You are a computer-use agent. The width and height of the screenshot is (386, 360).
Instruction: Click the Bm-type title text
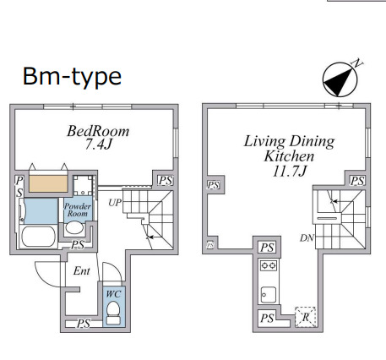click(72, 76)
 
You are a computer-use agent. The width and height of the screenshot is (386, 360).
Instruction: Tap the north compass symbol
click(340, 79)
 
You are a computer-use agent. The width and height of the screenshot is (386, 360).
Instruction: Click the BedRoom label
click(98, 131)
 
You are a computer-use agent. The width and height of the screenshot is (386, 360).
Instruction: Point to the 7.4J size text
click(99, 145)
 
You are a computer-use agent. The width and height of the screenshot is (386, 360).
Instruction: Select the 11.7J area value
click(290, 171)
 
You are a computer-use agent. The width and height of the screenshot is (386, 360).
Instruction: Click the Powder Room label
click(78, 210)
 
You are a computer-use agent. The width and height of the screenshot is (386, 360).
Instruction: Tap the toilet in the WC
click(113, 312)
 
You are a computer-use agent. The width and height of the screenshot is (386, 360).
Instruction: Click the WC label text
click(113, 294)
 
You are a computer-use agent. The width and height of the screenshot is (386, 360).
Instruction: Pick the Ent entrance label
click(82, 271)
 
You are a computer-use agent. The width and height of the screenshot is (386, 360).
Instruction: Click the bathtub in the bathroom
click(39, 237)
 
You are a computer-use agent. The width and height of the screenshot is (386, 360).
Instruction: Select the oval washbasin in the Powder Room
click(74, 227)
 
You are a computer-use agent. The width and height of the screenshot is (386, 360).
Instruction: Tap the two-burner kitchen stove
click(269, 265)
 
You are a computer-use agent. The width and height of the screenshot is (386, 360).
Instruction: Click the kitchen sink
click(268, 295)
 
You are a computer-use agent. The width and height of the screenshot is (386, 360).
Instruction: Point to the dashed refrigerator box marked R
click(306, 317)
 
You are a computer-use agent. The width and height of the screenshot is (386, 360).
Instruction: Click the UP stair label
click(115, 203)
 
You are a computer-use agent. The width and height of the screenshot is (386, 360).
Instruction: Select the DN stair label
click(307, 238)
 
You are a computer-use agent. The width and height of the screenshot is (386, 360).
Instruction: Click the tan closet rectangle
click(48, 183)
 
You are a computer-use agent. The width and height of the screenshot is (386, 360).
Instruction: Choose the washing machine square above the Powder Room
click(83, 185)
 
